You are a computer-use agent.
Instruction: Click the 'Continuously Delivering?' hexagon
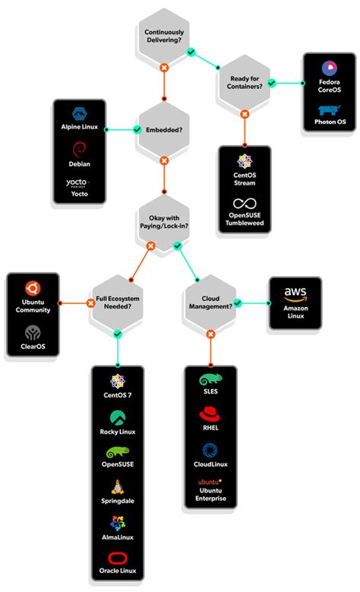[163, 36]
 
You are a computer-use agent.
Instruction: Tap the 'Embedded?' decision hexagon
[163, 130]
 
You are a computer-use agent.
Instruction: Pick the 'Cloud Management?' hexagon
[210, 302]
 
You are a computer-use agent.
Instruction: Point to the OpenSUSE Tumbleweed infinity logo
[245, 203]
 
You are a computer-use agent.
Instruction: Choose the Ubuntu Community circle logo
[33, 287]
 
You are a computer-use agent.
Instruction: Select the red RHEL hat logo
[210, 414]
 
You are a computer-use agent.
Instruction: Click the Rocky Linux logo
[118, 417]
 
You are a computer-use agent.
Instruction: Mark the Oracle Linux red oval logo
[118, 558]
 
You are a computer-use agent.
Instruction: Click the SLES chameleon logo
[210, 379]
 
